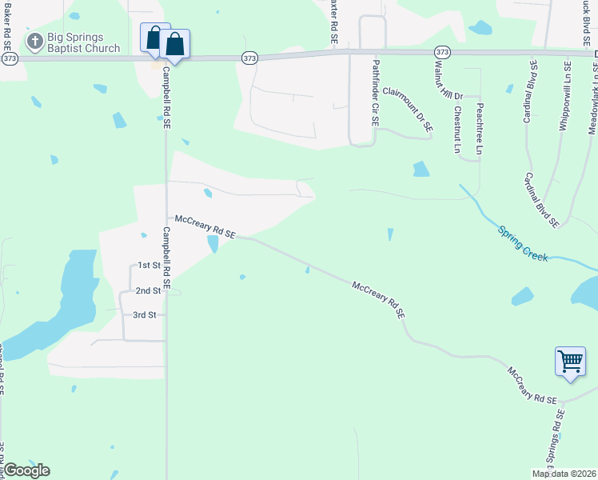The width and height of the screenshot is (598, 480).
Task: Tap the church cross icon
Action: click(x=35, y=40)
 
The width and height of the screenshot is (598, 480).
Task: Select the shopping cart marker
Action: click(x=569, y=361)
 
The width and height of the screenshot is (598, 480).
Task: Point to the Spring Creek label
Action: click(x=523, y=242)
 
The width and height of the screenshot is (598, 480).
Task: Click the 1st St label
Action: click(x=149, y=265)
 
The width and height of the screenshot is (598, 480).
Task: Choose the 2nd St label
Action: click(x=148, y=290)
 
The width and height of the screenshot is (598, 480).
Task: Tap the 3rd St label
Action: click(x=144, y=315)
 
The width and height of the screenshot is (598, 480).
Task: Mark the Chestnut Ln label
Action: click(x=457, y=130)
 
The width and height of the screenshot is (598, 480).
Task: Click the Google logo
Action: click(x=26, y=470)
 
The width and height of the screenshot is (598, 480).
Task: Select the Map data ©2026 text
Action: click(x=563, y=474)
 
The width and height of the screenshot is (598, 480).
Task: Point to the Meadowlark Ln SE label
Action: click(x=592, y=100)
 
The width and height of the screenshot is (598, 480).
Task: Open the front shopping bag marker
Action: click(x=175, y=46)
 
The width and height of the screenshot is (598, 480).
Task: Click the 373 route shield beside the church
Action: click(x=10, y=58)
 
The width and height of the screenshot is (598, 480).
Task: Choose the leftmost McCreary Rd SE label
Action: click(x=205, y=226)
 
